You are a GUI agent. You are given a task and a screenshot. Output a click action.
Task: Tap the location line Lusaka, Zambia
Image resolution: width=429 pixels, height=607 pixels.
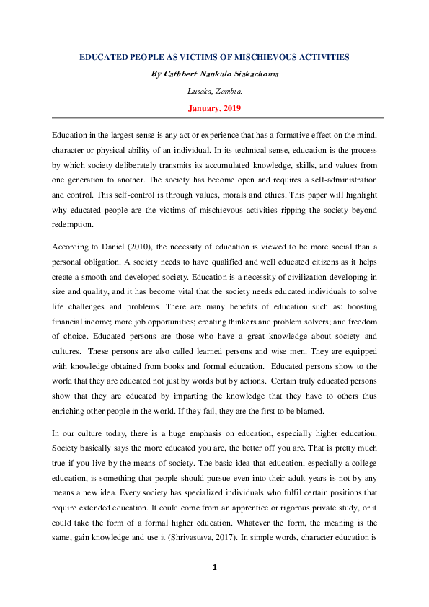[214, 92]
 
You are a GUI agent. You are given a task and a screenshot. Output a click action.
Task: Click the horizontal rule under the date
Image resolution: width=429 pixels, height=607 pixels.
[214, 118]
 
